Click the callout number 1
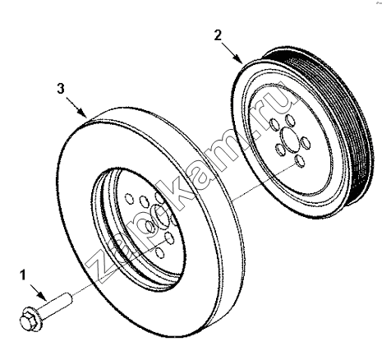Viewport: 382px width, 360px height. coord(23,275)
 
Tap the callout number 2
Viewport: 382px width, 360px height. coord(218,35)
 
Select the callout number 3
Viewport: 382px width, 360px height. coord(61,89)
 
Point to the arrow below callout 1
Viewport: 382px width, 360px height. coord(38,293)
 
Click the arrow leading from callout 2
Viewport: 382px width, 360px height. coord(232,53)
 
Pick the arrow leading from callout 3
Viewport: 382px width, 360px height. coord(76,108)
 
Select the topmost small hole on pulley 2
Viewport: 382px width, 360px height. coord(290,120)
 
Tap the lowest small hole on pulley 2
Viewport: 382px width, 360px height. coord(300,161)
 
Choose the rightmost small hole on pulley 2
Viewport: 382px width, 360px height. coord(306,143)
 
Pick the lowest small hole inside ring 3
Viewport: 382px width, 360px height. coord(160,252)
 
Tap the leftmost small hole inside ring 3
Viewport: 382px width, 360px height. coord(129,199)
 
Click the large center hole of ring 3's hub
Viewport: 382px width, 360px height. coord(161,217)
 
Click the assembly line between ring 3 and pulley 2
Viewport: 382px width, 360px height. coord(264,181)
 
